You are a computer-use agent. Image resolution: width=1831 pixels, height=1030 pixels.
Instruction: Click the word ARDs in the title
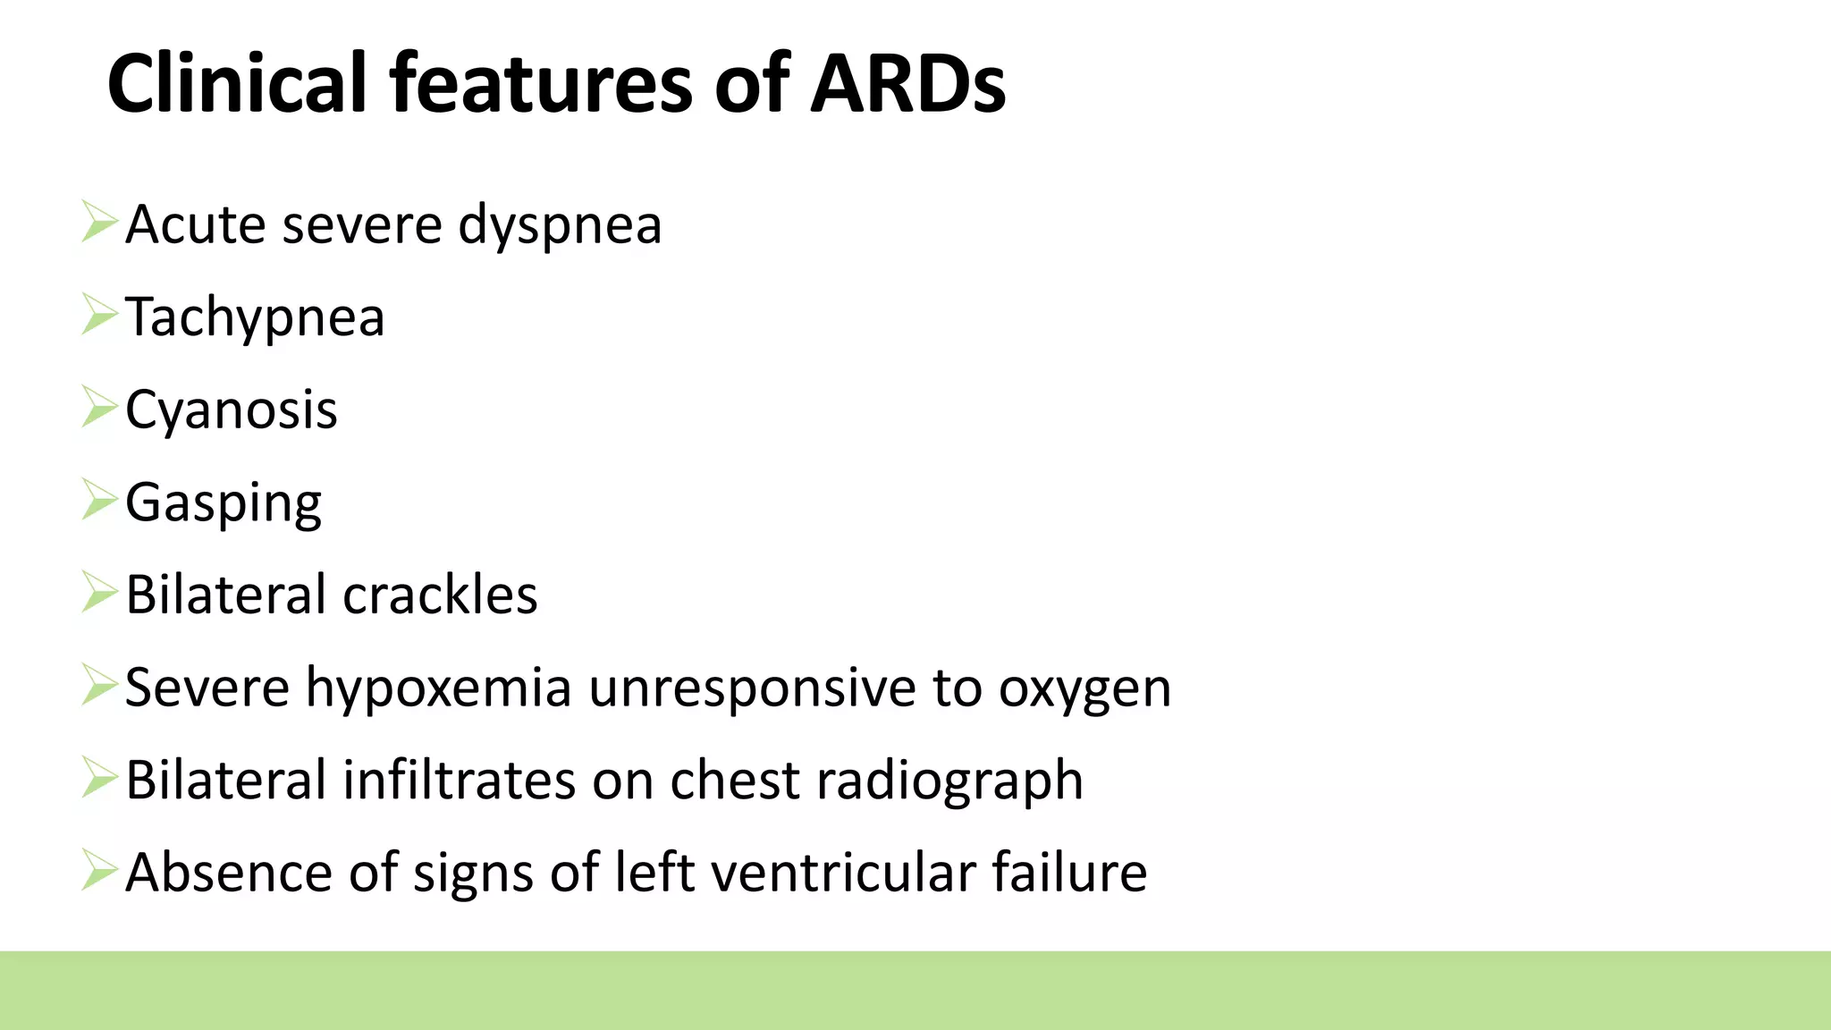(x=907, y=84)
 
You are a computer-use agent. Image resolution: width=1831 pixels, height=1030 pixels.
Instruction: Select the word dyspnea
(x=560, y=225)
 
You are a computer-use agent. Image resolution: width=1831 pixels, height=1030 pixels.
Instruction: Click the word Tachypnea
(x=255, y=317)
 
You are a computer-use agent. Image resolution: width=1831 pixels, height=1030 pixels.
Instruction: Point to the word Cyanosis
(x=232, y=410)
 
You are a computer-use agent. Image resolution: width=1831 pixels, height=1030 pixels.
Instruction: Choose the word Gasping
(x=224, y=503)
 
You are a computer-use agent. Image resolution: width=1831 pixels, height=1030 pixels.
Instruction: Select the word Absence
(x=230, y=873)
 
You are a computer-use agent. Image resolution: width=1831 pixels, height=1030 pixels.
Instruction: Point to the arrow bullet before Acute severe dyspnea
(x=98, y=222)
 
